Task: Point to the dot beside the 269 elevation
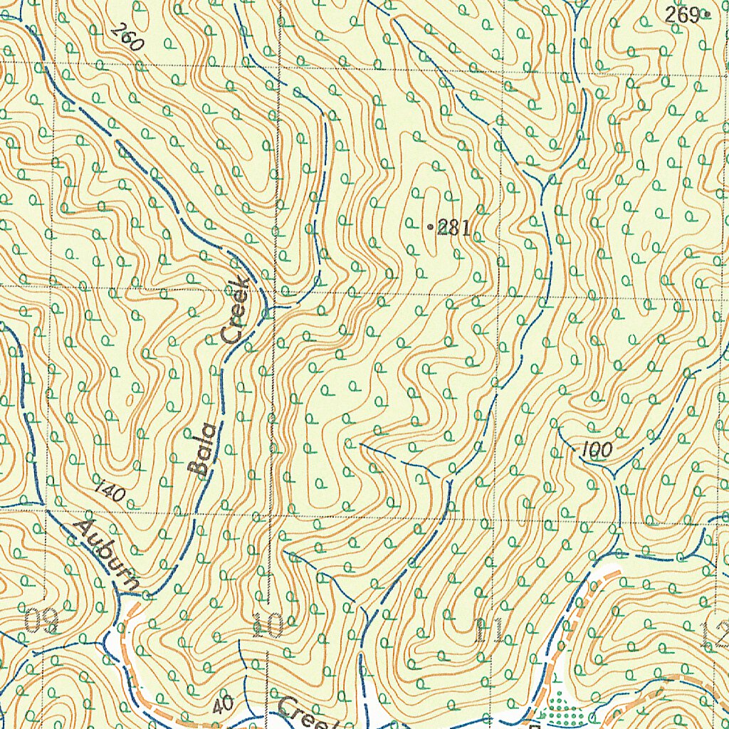(706, 14)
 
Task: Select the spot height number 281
(453, 229)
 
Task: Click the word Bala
(203, 450)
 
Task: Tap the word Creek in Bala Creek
(236, 310)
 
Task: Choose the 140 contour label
(109, 491)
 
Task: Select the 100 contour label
(596, 450)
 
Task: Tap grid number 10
(268, 626)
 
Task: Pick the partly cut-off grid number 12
(715, 634)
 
